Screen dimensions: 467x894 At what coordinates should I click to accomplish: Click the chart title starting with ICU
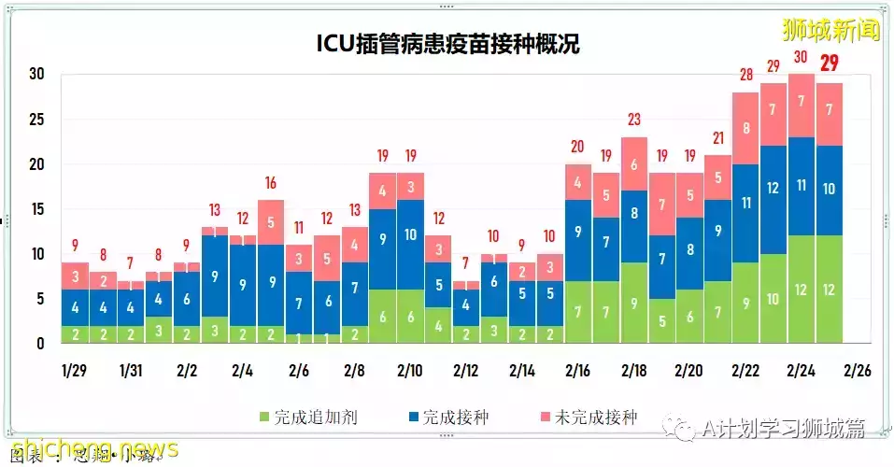point(446,44)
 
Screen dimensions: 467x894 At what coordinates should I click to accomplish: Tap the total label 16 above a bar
point(271,184)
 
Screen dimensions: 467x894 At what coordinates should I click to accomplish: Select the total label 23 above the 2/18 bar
point(635,120)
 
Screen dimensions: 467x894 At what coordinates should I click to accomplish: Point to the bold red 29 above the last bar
point(830,64)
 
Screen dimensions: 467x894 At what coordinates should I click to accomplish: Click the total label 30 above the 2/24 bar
point(802,57)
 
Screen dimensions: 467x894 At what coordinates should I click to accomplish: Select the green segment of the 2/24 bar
point(802,290)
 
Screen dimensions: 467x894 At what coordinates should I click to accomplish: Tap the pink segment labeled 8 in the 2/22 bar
point(745,129)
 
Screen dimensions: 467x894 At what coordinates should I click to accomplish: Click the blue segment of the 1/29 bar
point(76,307)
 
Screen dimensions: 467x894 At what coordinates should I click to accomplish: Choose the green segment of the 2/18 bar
point(635,303)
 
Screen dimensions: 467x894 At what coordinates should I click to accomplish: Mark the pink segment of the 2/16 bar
point(579,182)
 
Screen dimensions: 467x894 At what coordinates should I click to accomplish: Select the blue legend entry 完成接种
point(447,417)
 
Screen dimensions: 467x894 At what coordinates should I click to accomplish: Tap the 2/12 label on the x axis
point(465,370)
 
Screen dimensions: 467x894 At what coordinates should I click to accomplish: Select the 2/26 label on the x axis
point(856,370)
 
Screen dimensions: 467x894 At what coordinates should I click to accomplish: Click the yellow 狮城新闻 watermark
point(831,30)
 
